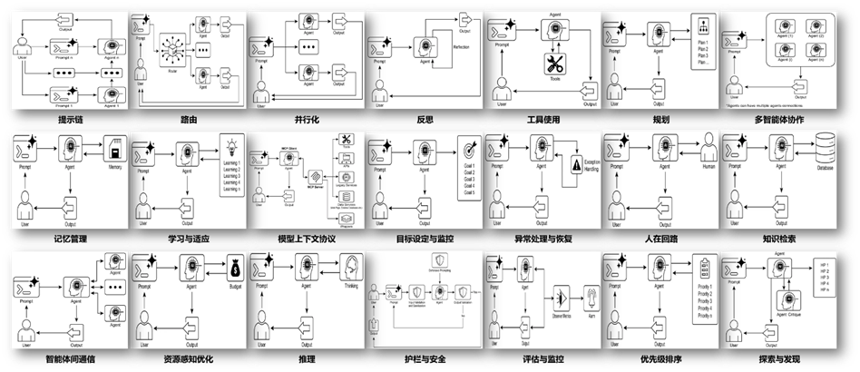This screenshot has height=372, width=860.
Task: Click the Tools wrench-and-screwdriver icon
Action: tap(553, 64)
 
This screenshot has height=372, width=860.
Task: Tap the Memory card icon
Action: tap(113, 147)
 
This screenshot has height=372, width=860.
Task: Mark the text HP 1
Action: tap(823, 264)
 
